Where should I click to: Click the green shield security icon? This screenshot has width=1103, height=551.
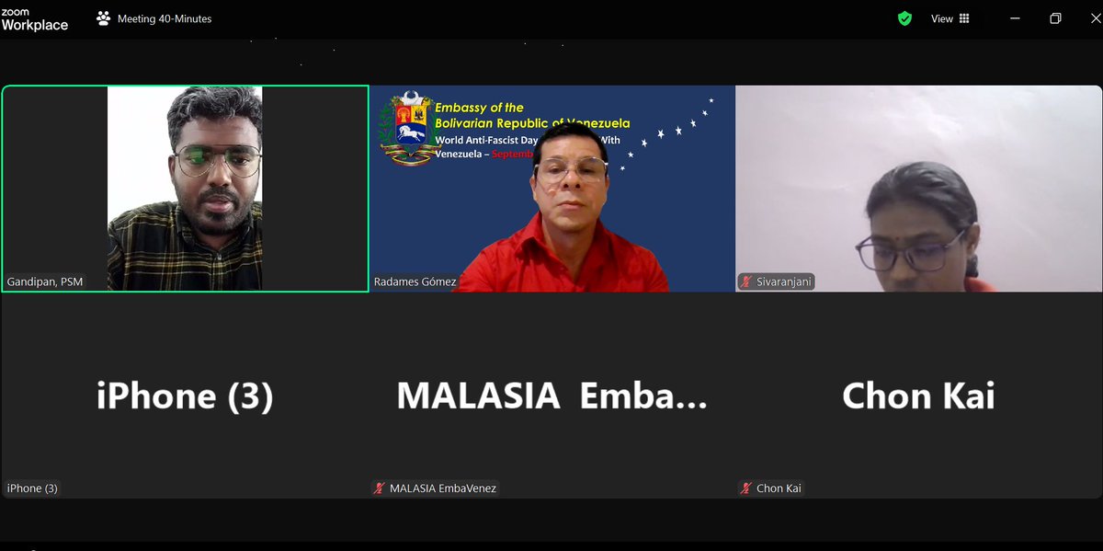click(x=904, y=18)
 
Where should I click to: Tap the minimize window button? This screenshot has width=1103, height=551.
click(x=1016, y=18)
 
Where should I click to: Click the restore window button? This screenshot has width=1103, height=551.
click(x=1055, y=18)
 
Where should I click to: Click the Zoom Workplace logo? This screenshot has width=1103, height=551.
click(x=34, y=18)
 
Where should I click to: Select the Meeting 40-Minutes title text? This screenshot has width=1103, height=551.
click(x=165, y=18)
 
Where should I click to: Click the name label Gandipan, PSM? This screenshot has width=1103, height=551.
click(x=45, y=281)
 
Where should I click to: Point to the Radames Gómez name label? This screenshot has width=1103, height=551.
click(x=415, y=281)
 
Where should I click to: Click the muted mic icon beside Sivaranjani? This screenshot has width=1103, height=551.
click(x=745, y=281)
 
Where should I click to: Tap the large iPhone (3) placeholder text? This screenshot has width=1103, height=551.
click(x=185, y=396)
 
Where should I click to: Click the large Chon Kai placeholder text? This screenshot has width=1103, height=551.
click(x=918, y=396)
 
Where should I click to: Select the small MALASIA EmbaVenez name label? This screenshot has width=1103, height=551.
click(x=442, y=488)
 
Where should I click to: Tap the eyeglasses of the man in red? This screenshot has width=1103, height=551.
click(x=572, y=171)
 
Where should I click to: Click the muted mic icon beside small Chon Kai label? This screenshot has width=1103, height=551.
click(x=746, y=488)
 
